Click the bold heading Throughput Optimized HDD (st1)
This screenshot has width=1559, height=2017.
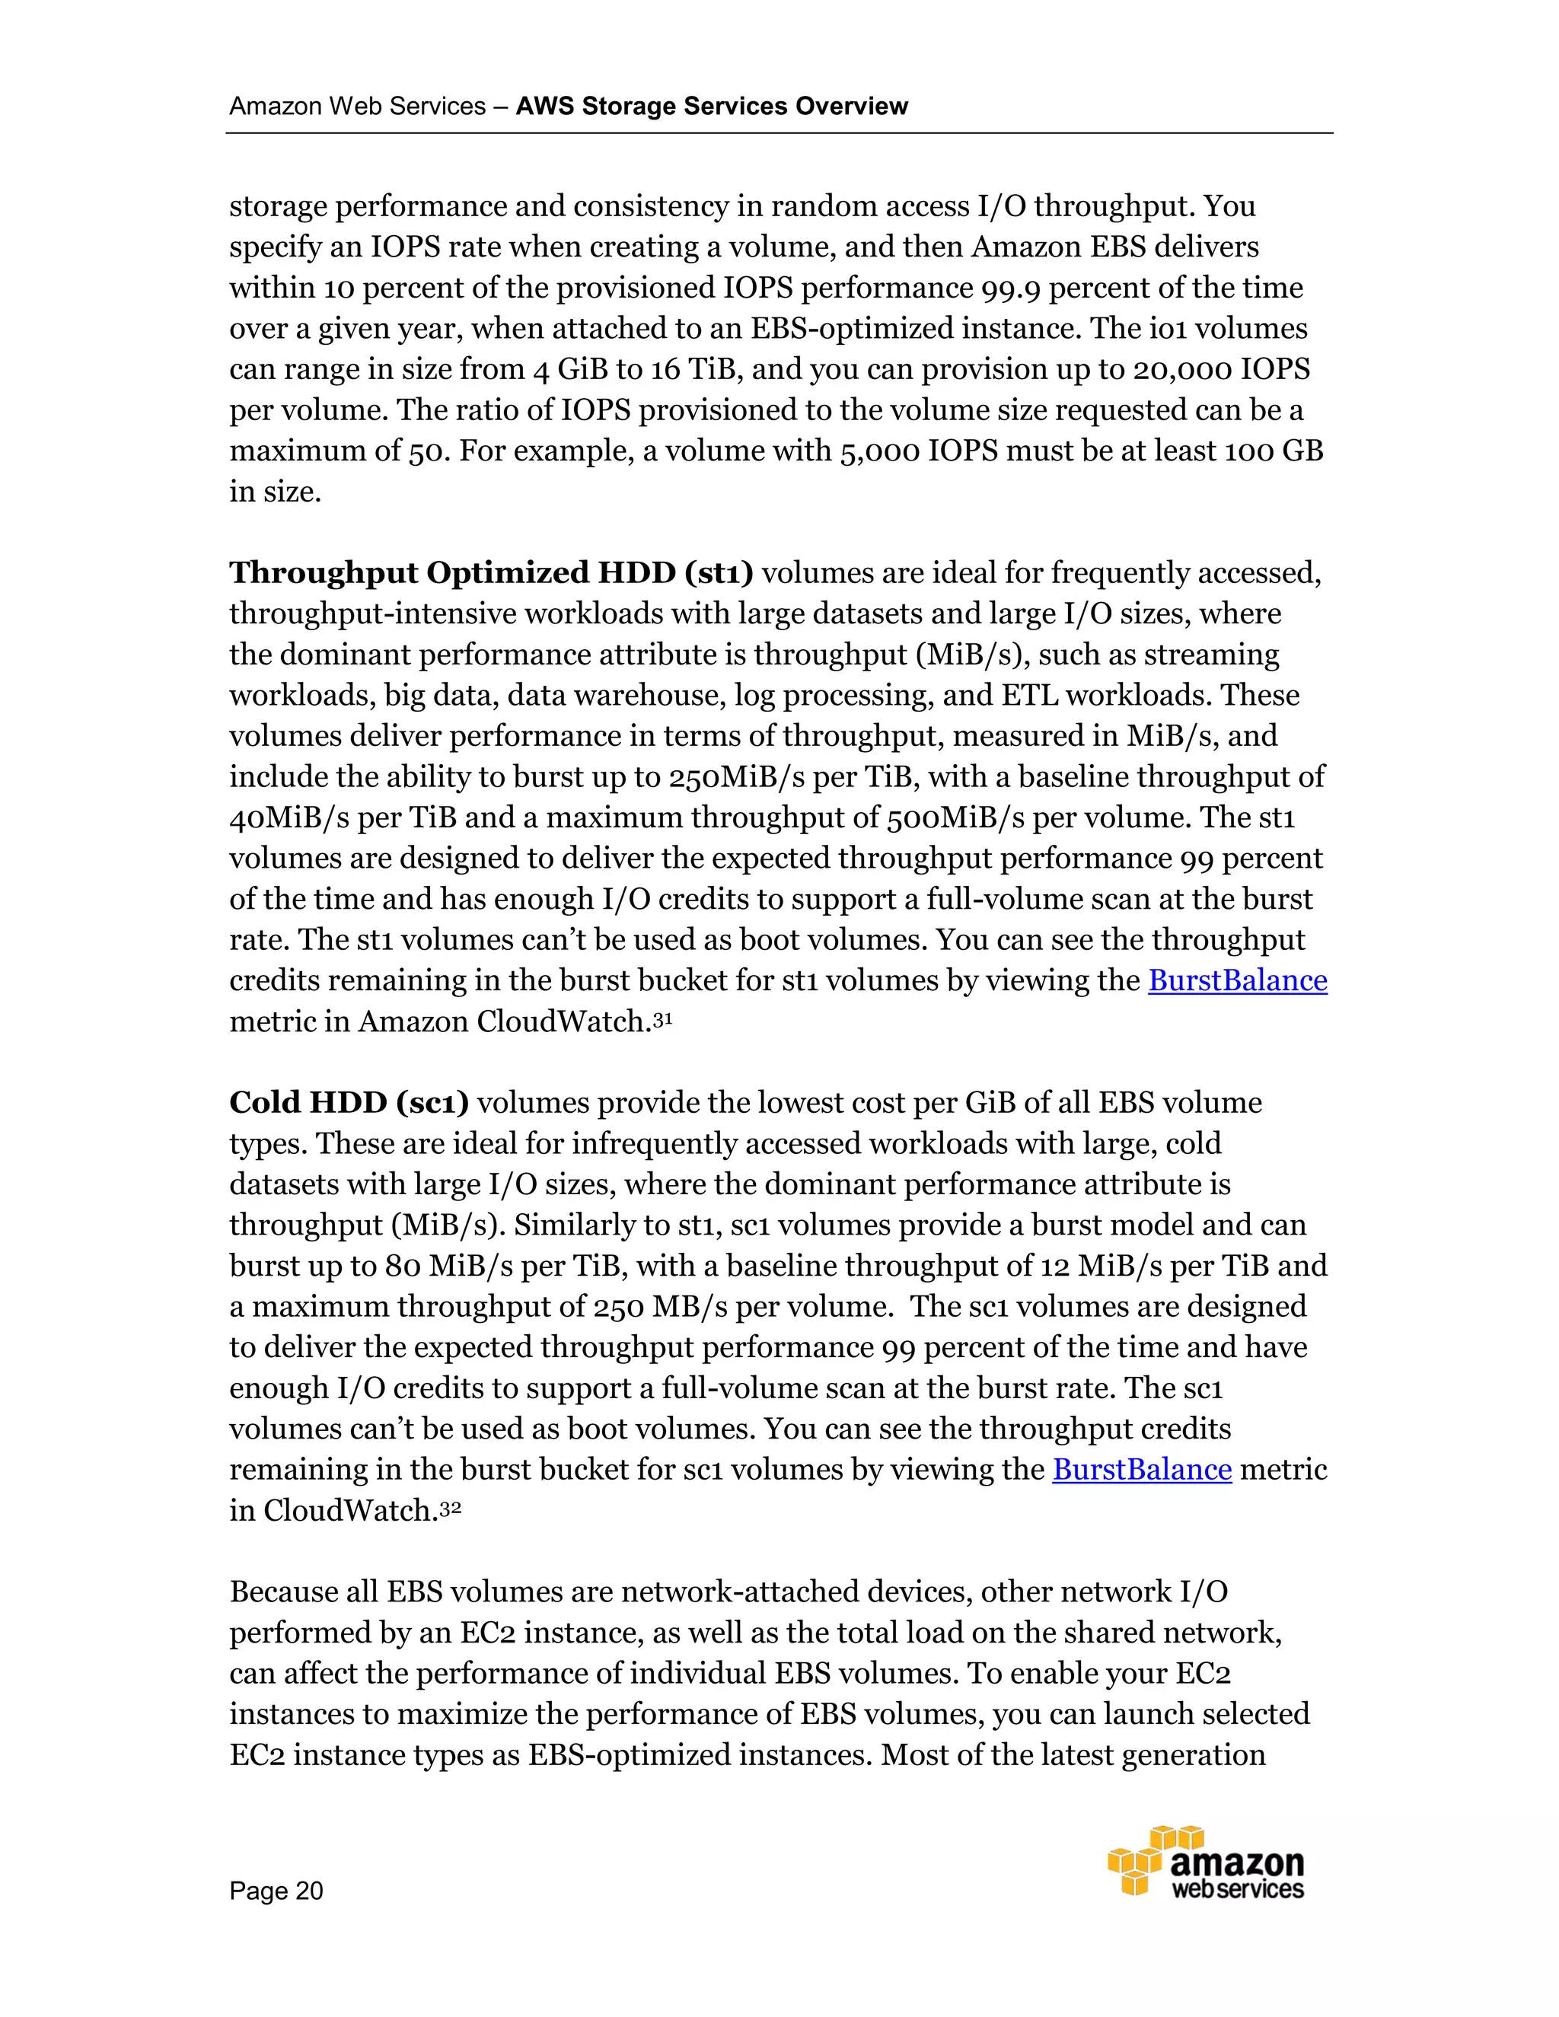coord(490,574)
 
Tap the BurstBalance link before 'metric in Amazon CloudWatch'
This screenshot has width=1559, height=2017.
coord(1237,981)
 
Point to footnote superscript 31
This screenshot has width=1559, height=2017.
coord(663,1016)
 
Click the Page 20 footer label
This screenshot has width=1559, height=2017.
coord(276,1891)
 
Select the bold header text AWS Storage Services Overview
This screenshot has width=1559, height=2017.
coord(711,107)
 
